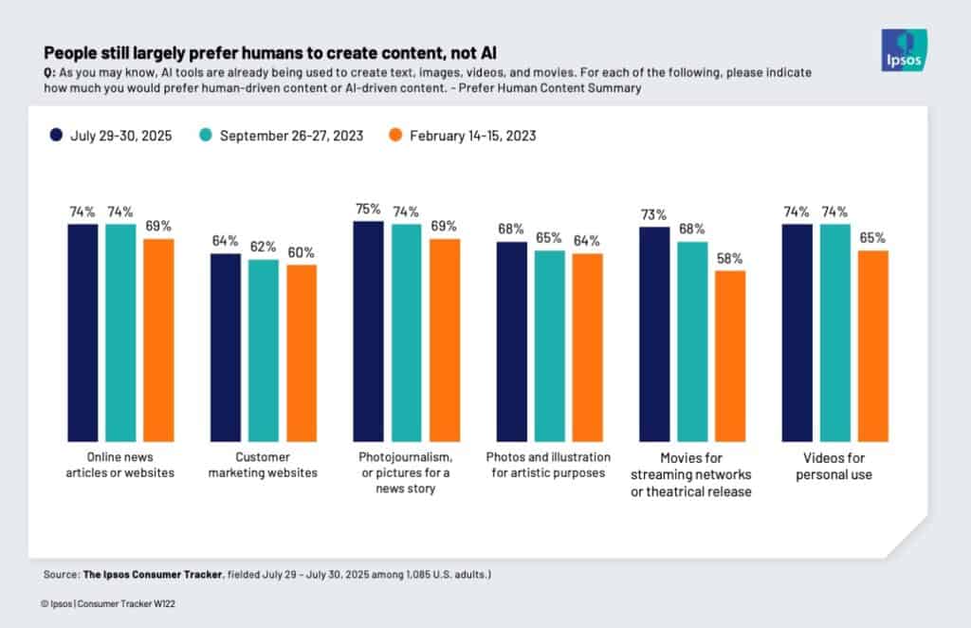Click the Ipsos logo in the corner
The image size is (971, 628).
[x=904, y=49]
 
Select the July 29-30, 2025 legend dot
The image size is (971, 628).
[x=57, y=136]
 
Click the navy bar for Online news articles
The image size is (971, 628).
[x=82, y=332]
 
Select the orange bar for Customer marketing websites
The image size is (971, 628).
[x=302, y=353]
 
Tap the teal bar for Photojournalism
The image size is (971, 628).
[x=407, y=332]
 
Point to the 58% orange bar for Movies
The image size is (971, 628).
[x=730, y=356]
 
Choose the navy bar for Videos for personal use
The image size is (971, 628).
[x=797, y=332]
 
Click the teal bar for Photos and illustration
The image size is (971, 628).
[x=549, y=345]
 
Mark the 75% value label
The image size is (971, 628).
[x=368, y=209]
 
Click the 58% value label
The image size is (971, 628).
[x=730, y=258]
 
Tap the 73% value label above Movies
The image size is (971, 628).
[x=654, y=214]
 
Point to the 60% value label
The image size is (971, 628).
[x=302, y=252]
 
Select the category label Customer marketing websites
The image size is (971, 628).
[x=263, y=465]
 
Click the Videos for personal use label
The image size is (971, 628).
[x=834, y=465]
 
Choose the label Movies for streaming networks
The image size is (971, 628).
[x=692, y=473]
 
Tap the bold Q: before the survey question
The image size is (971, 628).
[x=49, y=73]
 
